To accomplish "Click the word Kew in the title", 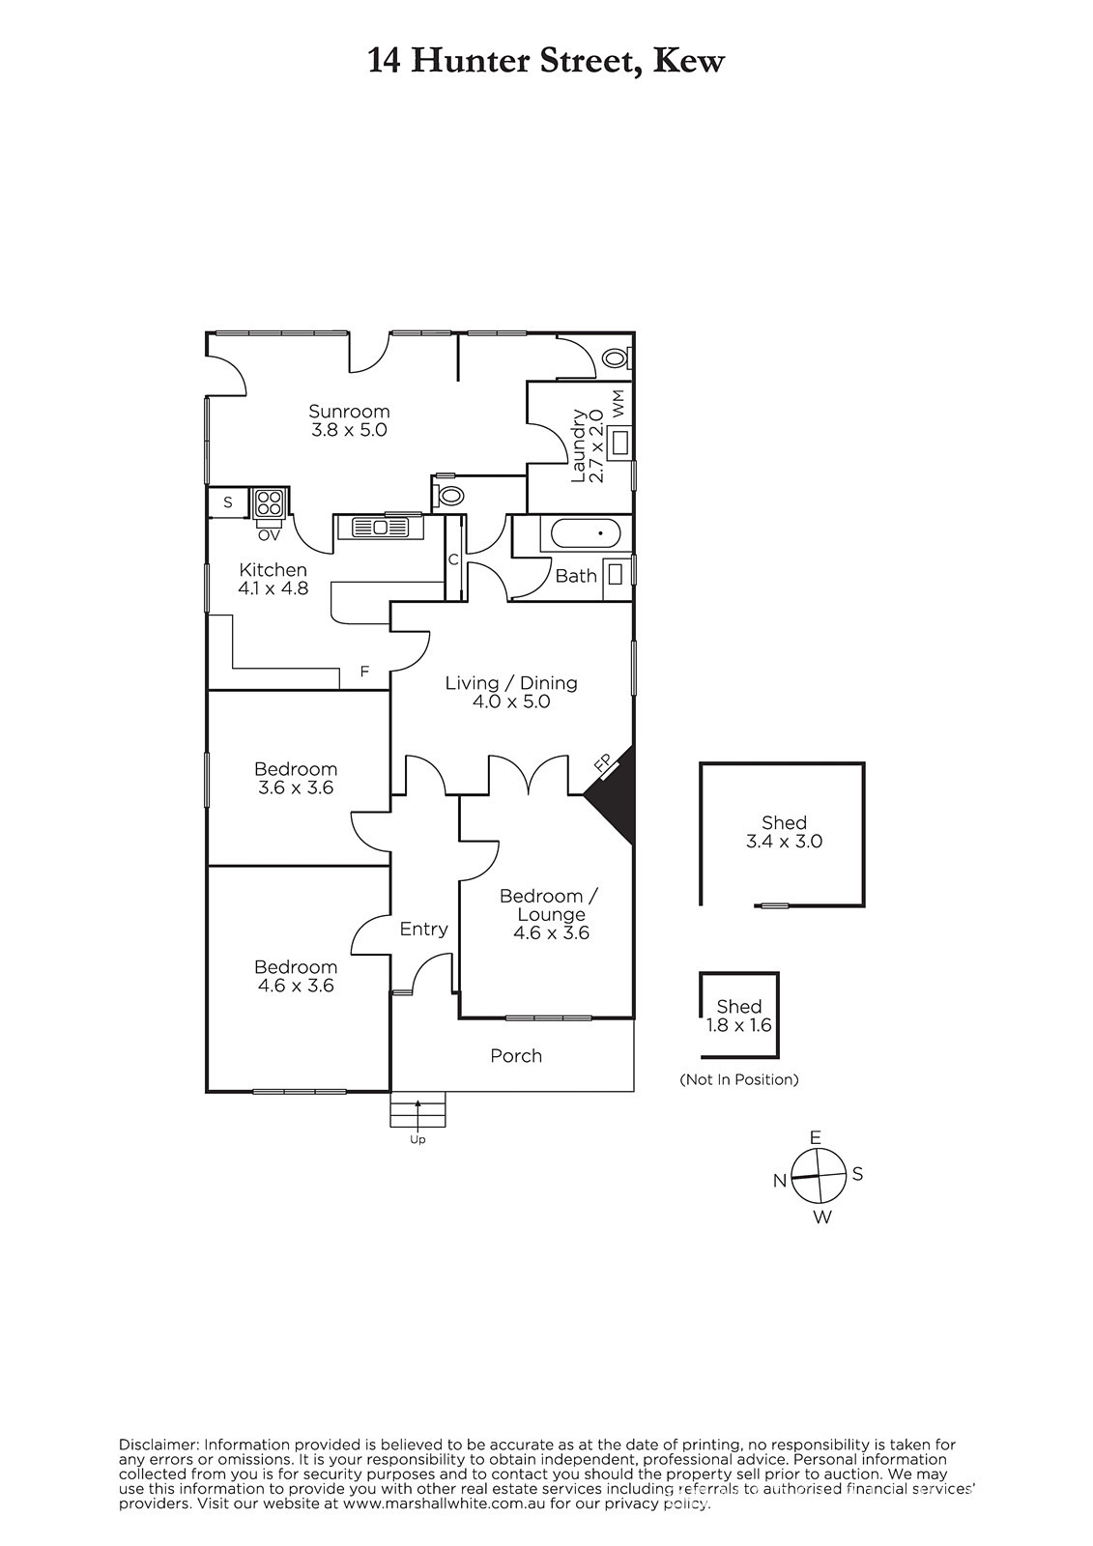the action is (x=688, y=61).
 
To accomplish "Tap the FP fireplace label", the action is (x=603, y=764).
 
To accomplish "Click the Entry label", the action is (x=424, y=929).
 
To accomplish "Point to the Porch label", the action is (x=516, y=1055).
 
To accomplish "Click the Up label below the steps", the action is (x=417, y=1139).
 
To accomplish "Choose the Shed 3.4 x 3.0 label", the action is (x=784, y=832).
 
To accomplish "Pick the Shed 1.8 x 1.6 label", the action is (x=738, y=1016).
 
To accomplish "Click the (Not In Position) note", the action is (x=739, y=1079).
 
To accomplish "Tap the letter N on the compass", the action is (x=780, y=1181).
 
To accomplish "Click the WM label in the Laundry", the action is (x=618, y=403).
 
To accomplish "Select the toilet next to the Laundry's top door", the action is (x=616, y=358).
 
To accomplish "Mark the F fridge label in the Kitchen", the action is (x=364, y=671).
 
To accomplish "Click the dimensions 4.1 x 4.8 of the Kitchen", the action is (x=273, y=588).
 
